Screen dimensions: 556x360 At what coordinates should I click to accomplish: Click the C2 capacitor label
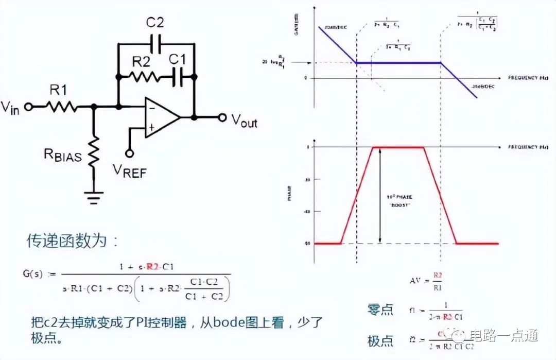[x=155, y=22]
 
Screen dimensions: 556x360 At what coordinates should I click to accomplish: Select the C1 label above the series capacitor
[x=178, y=59]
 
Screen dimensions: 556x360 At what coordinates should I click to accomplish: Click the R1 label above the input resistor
[x=58, y=90]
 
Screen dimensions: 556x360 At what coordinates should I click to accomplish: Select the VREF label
[x=130, y=172]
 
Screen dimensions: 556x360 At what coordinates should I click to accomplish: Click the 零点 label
[x=380, y=310]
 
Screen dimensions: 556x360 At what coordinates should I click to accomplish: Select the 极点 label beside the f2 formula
[x=380, y=340]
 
